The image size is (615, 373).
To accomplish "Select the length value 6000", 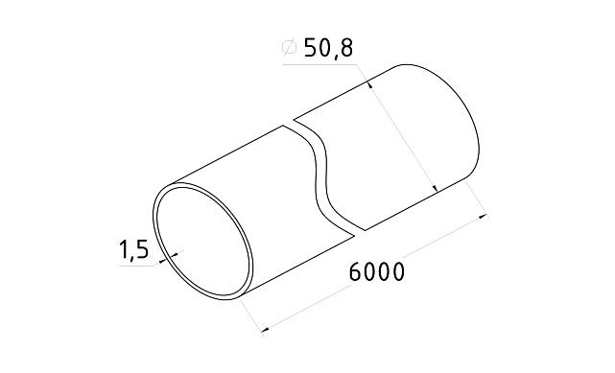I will click(375, 271).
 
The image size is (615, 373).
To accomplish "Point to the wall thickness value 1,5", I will click(132, 250).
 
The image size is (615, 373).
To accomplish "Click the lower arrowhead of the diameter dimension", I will click(437, 188).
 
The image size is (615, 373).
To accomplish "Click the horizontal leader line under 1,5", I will click(139, 266).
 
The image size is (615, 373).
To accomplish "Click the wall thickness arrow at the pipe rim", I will click(167, 257).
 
